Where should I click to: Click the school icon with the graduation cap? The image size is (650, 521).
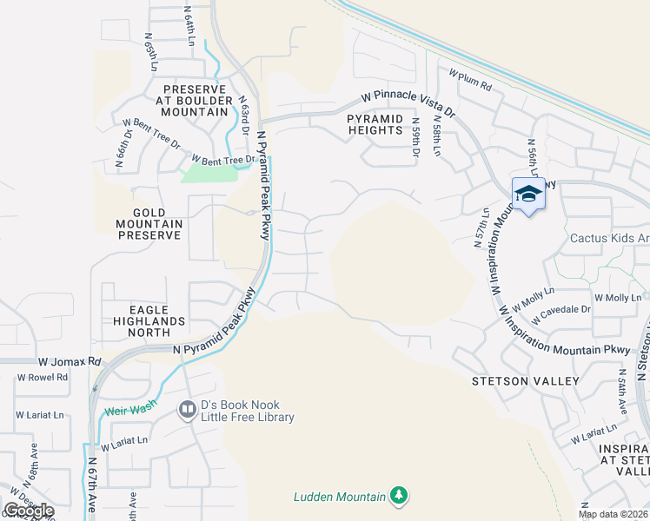pyautogui.click(x=527, y=194)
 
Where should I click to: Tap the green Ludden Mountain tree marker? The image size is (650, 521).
pyautogui.click(x=399, y=496)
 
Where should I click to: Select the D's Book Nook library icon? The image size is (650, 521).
pyautogui.click(x=187, y=409)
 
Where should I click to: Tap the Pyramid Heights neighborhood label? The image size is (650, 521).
pyautogui.click(x=375, y=124)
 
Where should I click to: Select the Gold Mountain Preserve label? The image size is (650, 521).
pyautogui.click(x=145, y=223)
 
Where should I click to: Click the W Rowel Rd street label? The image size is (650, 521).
pyautogui.click(x=43, y=377)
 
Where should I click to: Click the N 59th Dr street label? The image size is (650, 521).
pyautogui.click(x=417, y=137)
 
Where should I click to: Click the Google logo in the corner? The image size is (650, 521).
pyautogui.click(x=29, y=511)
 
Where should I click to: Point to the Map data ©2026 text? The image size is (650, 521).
pyautogui.click(x=613, y=514)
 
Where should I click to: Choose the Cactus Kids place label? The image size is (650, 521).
pyautogui.click(x=609, y=238)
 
